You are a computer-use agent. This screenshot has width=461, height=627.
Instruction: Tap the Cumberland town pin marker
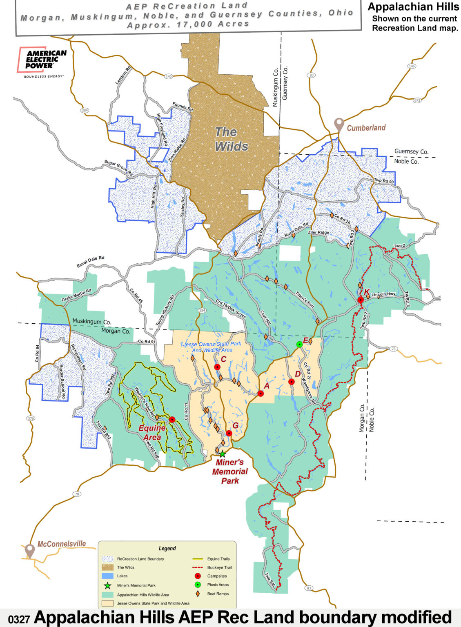tap(339, 124)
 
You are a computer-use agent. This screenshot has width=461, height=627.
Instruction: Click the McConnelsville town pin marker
tap(29, 550)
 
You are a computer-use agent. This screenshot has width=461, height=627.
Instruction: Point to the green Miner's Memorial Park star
tap(222, 454)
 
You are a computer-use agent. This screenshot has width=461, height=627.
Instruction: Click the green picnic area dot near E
tap(299, 344)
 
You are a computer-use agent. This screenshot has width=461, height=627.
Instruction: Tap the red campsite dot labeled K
tap(361, 300)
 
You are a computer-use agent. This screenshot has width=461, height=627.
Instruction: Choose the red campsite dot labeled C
tap(217, 367)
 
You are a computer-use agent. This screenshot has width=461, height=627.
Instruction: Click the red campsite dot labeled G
tap(229, 433)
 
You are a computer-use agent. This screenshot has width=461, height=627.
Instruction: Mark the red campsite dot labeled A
tap(261, 394)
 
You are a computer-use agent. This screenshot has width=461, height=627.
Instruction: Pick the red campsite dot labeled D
tap(292, 382)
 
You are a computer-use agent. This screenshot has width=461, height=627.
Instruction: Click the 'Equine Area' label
tap(152, 433)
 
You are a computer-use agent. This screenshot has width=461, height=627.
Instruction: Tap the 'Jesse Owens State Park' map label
tap(212, 347)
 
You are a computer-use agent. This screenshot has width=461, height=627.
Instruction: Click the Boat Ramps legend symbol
tap(198, 594)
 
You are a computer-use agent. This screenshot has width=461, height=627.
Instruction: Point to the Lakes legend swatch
tap(107, 576)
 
